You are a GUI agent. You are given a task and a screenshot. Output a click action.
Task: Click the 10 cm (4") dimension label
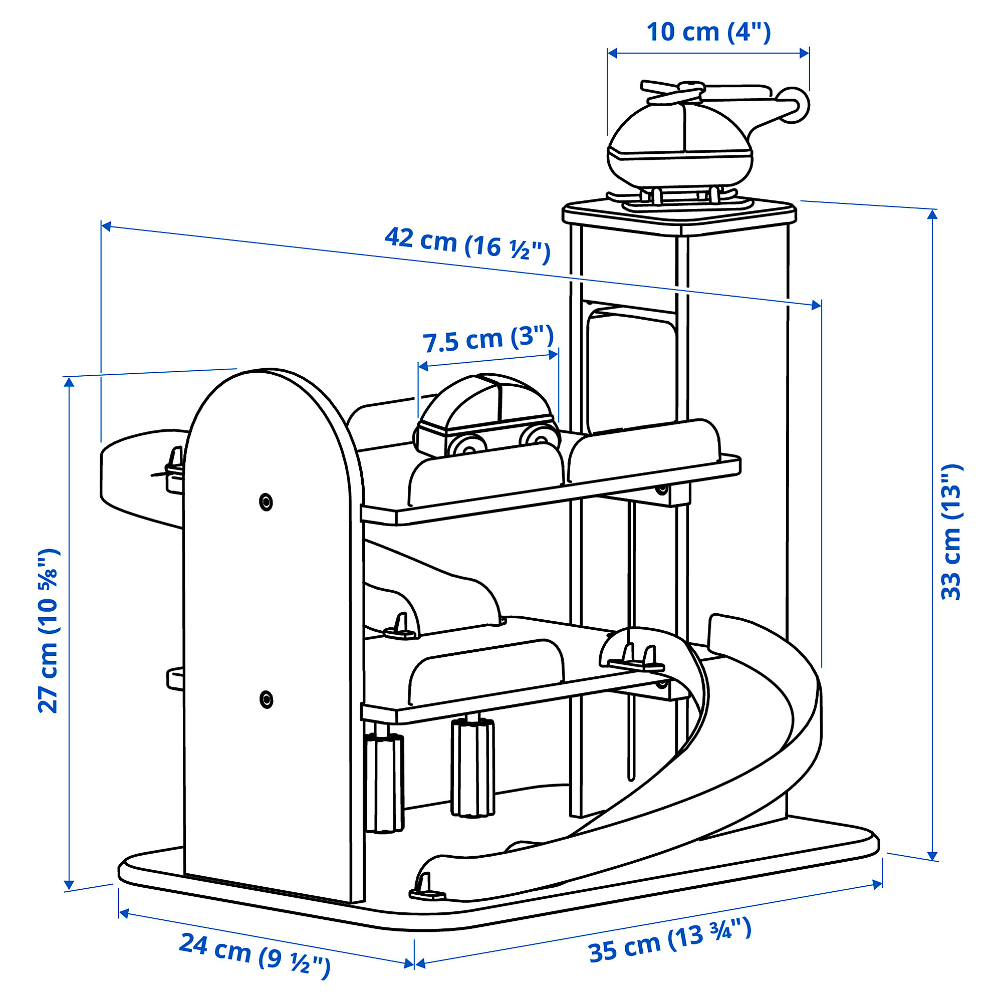click(708, 32)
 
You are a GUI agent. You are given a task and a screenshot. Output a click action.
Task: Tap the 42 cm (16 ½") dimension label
click(467, 245)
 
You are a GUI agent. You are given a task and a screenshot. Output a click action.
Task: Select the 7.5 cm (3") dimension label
click(488, 340)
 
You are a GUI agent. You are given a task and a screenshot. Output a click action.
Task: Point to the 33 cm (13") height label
click(951, 532)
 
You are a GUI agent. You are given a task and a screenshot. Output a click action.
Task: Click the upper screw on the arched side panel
click(266, 502)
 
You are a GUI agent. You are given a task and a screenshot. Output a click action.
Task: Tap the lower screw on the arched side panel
click(266, 699)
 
